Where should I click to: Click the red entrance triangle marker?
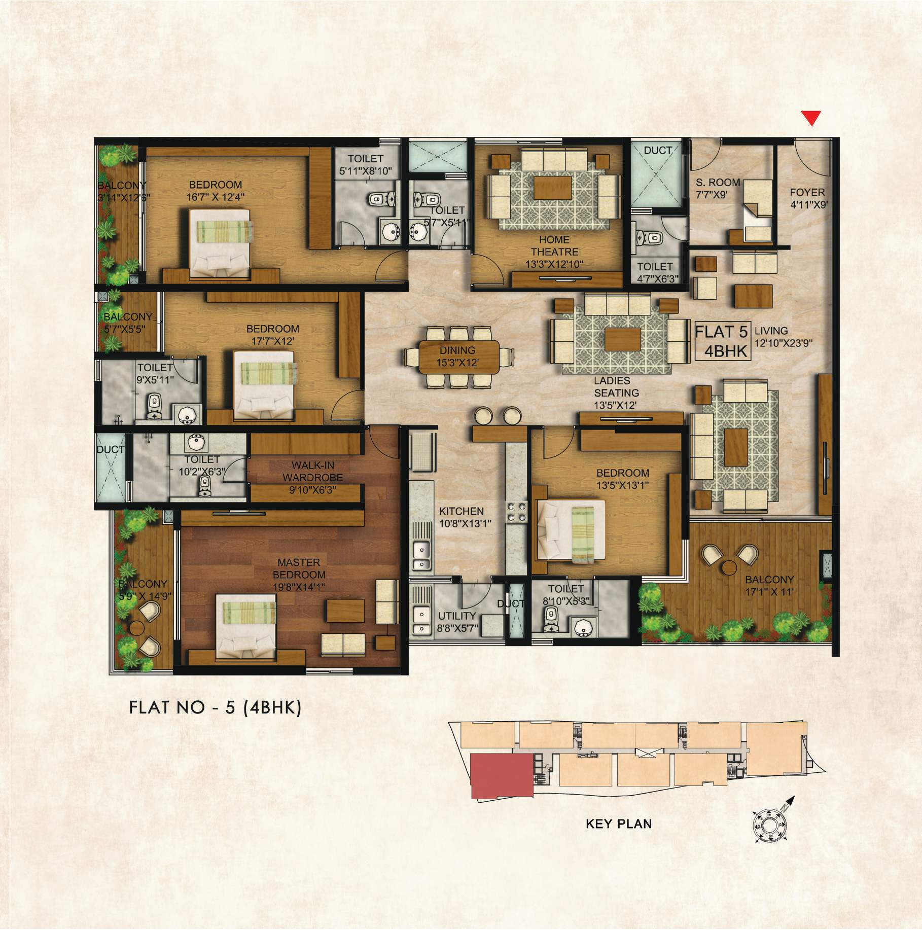(812, 118)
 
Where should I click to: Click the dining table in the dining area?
(458, 357)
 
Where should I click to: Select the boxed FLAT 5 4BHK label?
(721, 341)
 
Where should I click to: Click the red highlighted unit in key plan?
(502, 785)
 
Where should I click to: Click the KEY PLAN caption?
(619, 837)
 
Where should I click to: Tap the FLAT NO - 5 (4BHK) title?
(216, 707)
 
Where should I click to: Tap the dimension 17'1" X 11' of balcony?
(769, 591)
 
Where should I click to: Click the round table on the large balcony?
(730, 567)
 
